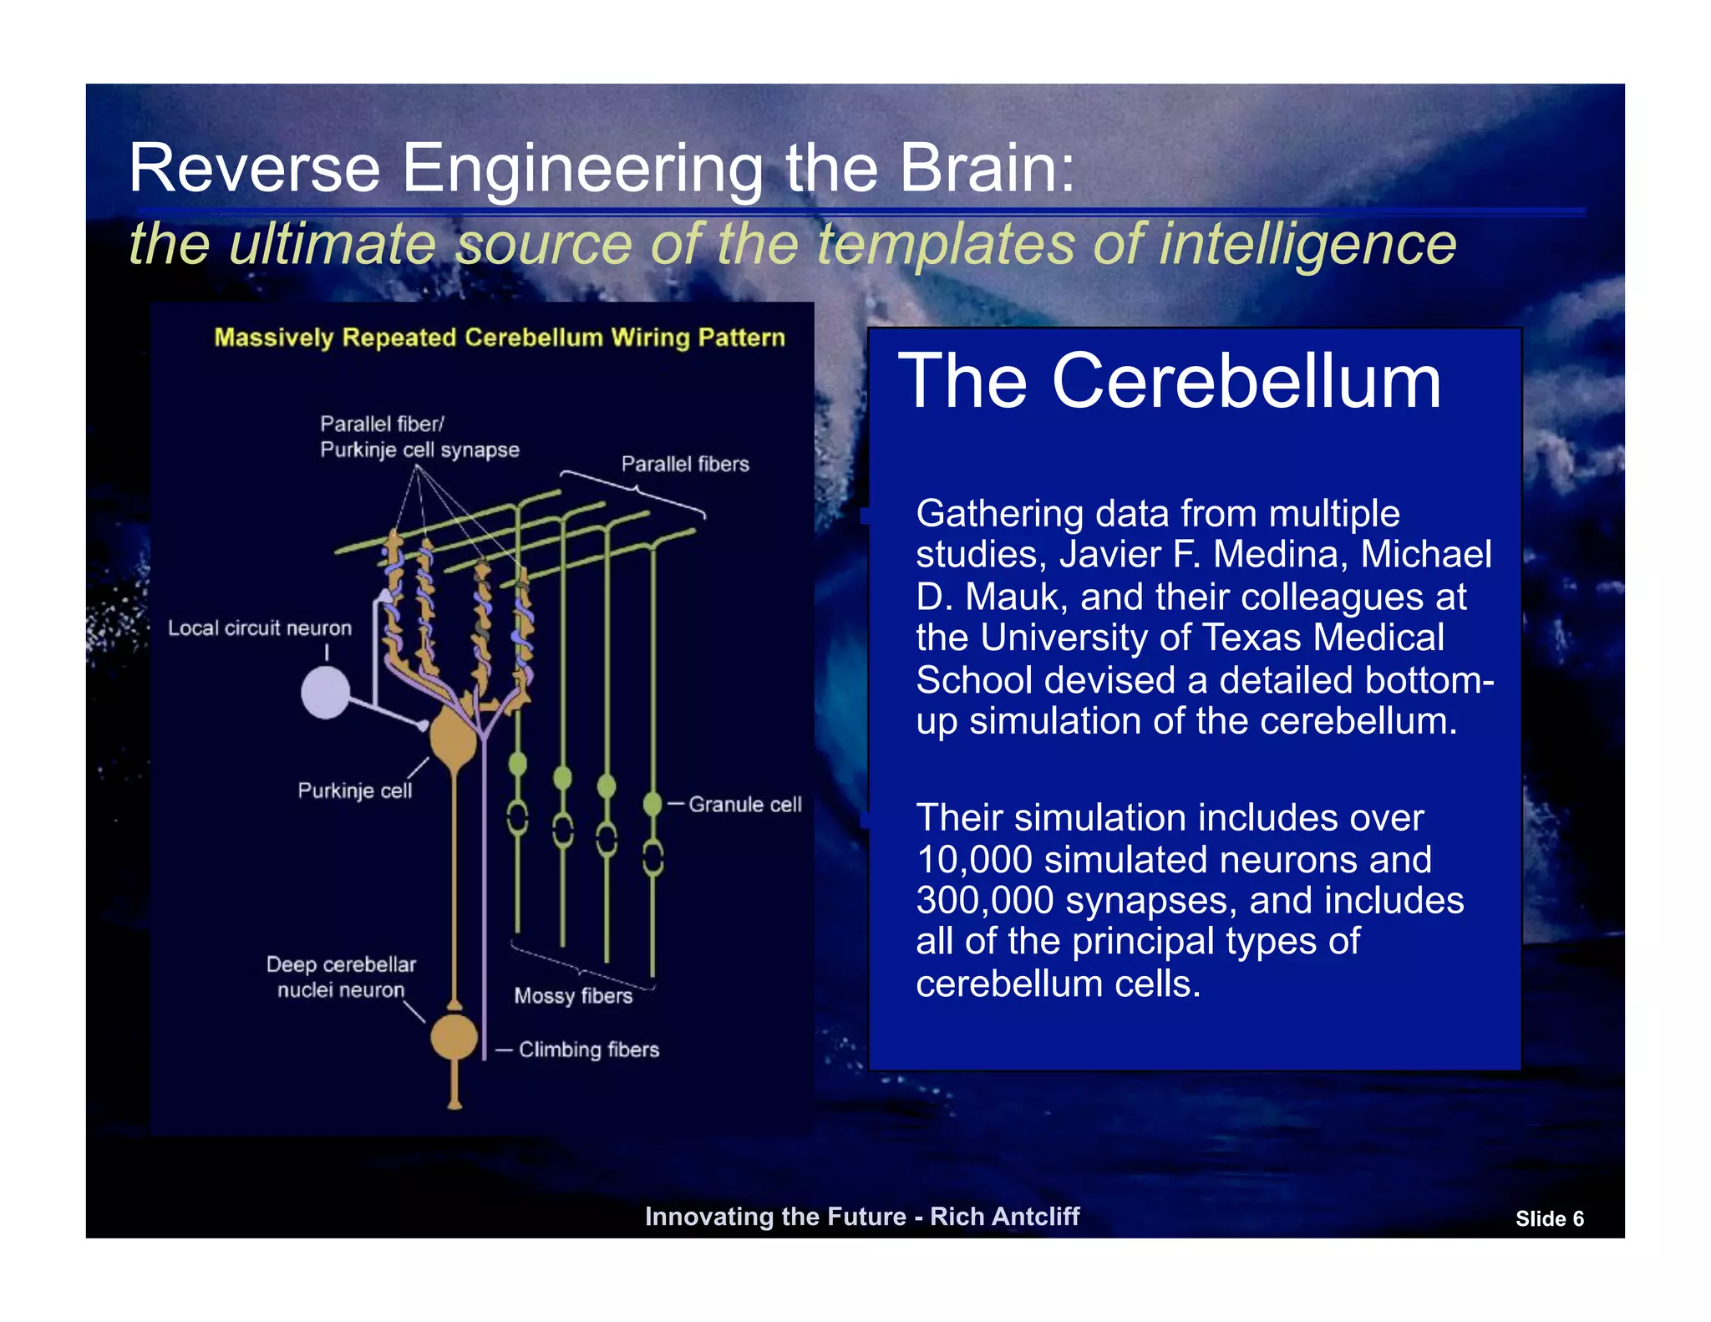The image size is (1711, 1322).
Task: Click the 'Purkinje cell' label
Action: click(x=354, y=791)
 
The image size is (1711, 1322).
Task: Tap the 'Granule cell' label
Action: click(x=744, y=804)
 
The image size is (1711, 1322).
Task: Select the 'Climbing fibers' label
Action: click(x=588, y=1050)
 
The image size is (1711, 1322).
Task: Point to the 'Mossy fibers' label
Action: click(x=573, y=995)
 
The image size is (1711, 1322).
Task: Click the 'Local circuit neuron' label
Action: click(x=259, y=628)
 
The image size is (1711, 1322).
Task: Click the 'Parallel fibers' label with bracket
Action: click(x=684, y=464)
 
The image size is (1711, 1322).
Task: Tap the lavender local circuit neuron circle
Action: click(x=325, y=693)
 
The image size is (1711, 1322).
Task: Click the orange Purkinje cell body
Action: click(x=453, y=738)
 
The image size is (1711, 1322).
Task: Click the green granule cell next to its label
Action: click(x=652, y=804)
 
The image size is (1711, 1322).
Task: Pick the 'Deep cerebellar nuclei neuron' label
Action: click(x=341, y=977)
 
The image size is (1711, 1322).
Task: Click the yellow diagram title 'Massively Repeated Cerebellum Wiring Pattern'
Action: click(x=500, y=338)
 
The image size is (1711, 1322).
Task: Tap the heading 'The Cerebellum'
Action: click(x=1169, y=381)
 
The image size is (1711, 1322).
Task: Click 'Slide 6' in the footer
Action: click(x=1549, y=1218)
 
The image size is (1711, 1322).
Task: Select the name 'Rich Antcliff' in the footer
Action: click(x=1004, y=1216)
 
